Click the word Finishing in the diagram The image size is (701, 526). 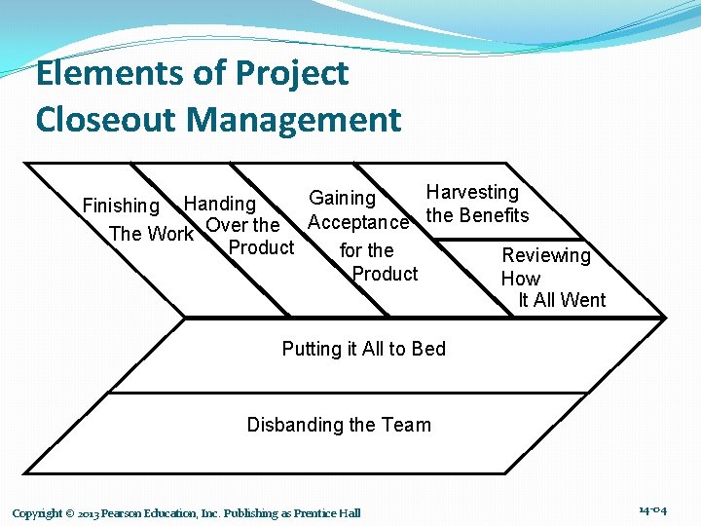[x=121, y=207]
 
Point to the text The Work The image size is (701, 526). [x=151, y=234]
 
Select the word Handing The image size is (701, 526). [x=220, y=204]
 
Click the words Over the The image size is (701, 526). [x=243, y=226]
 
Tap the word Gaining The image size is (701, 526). [x=342, y=198]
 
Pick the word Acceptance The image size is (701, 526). [x=357, y=223]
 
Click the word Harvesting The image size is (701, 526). [x=472, y=193]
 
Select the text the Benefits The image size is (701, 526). [x=477, y=215]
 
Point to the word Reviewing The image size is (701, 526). [x=545, y=255]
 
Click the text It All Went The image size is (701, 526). [x=562, y=300]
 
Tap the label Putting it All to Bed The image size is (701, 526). [x=363, y=349]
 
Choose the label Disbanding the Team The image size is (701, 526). [x=338, y=425]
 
